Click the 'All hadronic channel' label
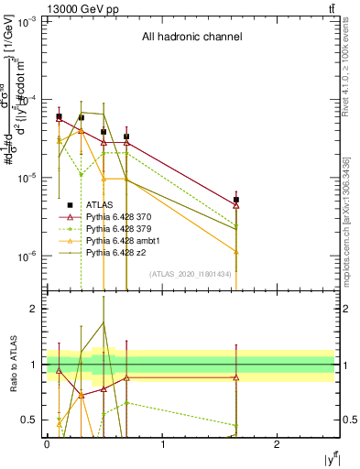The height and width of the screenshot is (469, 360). point(191,38)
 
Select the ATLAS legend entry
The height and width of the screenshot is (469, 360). point(102,205)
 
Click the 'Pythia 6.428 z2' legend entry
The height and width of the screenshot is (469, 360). point(118,251)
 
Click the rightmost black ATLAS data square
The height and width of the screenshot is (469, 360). point(236,200)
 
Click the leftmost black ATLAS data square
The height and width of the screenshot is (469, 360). point(59,116)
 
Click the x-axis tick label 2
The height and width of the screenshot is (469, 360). point(278,443)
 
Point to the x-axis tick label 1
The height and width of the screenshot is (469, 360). point(162,443)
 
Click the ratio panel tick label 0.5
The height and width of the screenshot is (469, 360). point(31,420)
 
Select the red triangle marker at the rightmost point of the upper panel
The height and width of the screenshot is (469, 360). point(236,206)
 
